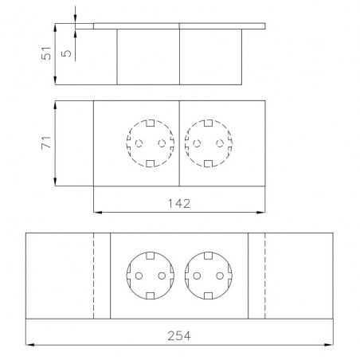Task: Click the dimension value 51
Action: [46, 53]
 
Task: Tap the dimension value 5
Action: [66, 53]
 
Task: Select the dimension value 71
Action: [46, 143]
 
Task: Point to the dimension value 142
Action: [179, 204]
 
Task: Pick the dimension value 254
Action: [179, 336]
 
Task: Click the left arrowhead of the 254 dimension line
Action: [29, 345]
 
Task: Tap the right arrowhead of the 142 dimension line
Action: [261, 212]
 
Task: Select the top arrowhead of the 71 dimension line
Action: [55, 105]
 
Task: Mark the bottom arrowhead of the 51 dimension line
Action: [55, 80]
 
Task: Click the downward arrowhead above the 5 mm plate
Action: [75, 18]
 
